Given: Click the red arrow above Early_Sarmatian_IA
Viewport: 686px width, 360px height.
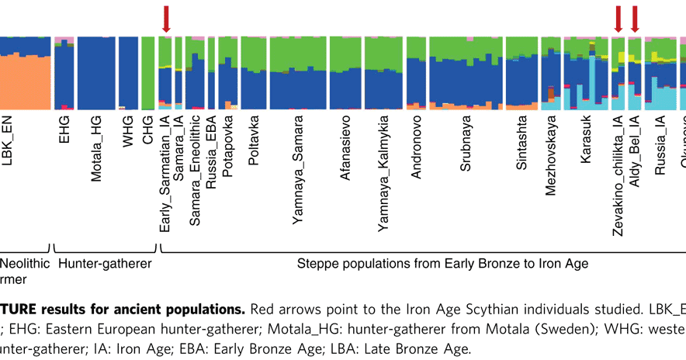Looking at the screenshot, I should point(165,18).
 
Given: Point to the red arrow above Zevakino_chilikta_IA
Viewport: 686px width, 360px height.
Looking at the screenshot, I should point(618,18).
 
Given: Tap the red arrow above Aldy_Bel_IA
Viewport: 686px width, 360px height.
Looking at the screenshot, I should point(635,18).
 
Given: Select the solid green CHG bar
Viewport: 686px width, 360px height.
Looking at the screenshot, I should point(148,74).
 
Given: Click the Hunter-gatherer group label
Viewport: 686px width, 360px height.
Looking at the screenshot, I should point(104,264).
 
